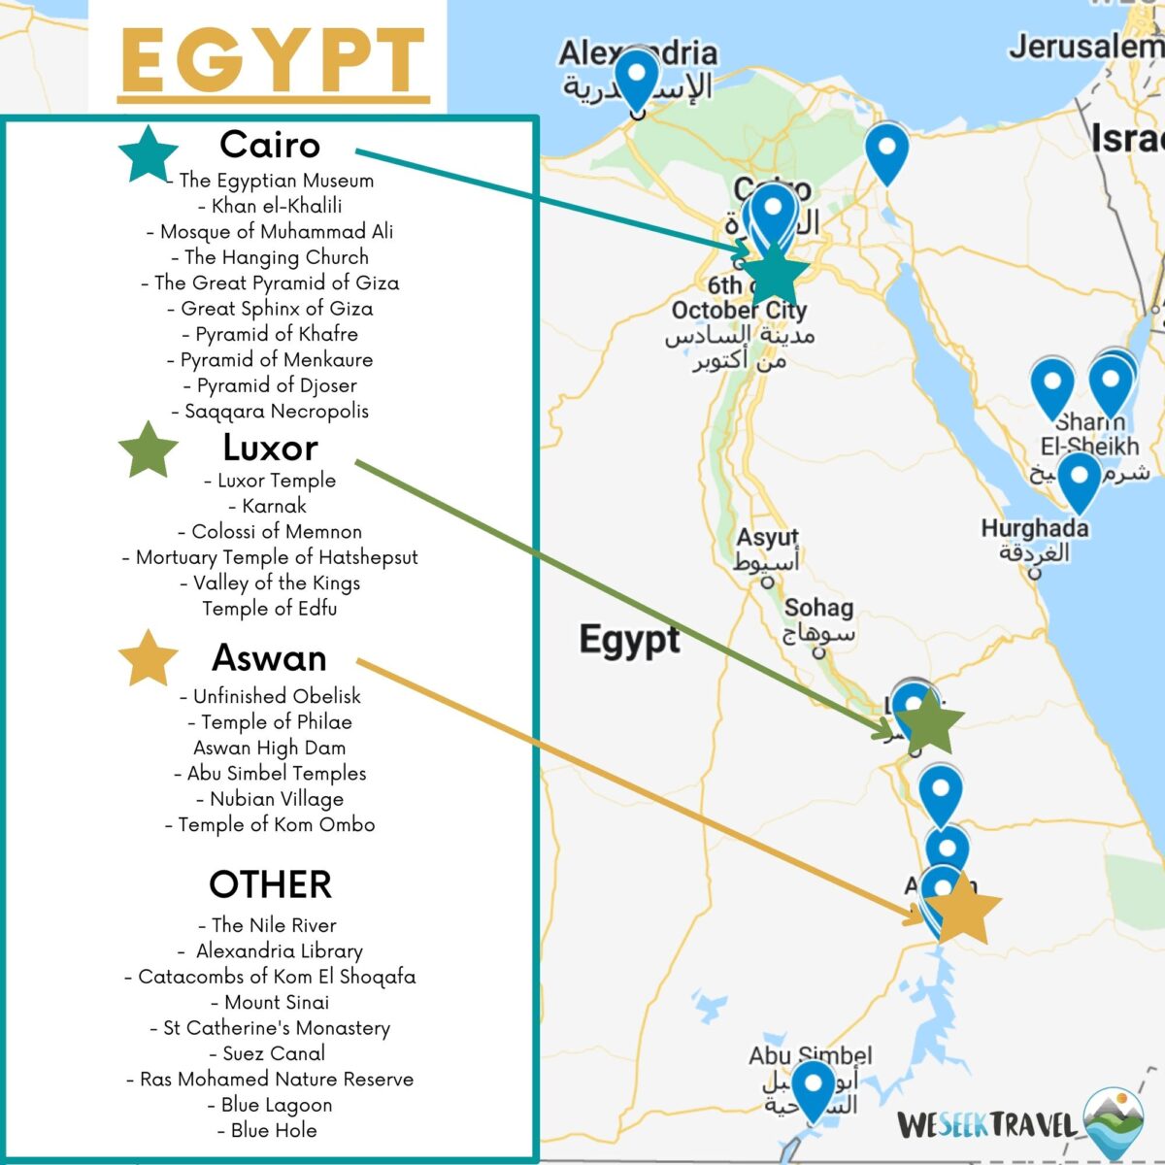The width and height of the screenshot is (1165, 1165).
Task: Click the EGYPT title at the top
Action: click(x=273, y=60)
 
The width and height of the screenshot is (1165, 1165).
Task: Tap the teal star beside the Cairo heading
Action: click(x=149, y=154)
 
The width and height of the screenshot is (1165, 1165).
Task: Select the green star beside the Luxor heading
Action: click(x=149, y=450)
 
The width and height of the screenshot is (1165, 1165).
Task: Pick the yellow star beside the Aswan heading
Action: click(x=149, y=659)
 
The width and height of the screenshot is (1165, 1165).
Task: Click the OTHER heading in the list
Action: click(x=271, y=884)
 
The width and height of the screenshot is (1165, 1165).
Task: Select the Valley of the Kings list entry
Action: click(x=270, y=582)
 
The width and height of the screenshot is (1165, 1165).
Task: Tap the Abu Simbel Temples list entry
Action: click(x=270, y=773)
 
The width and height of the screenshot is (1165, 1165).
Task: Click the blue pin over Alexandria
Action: click(x=637, y=78)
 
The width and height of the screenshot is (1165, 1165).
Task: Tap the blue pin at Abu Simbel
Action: click(x=813, y=1085)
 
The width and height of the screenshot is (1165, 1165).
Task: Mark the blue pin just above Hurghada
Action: click(x=1079, y=479)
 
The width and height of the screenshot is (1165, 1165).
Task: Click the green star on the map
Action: click(x=929, y=722)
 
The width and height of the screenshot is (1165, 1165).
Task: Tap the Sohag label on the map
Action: click(x=818, y=608)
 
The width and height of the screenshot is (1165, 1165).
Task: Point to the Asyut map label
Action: click(x=767, y=537)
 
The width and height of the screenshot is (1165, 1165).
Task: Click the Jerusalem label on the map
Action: click(x=1085, y=46)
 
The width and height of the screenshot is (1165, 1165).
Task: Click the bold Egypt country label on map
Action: click(x=629, y=640)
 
